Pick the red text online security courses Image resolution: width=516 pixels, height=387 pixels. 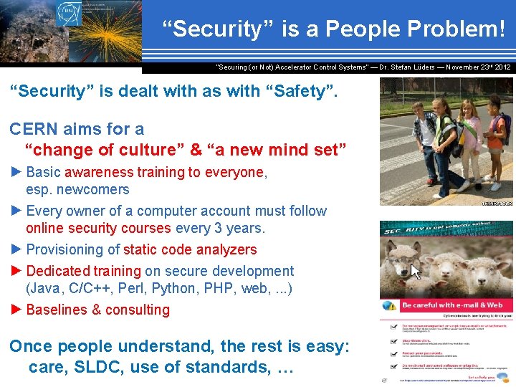(x=98, y=229)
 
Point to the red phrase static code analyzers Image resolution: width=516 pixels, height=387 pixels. (x=190, y=249)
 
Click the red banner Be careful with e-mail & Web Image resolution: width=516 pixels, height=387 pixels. (x=451, y=305)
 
